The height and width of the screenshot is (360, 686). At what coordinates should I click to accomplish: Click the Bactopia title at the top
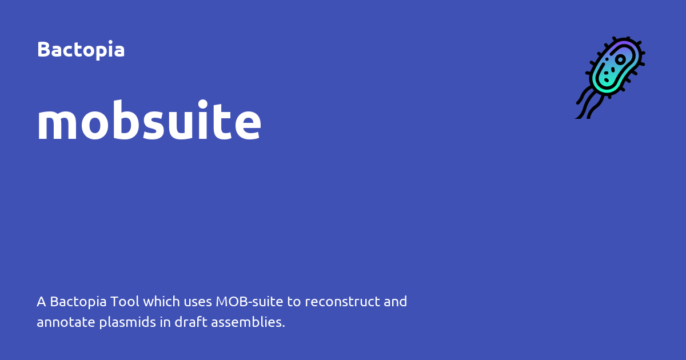81,50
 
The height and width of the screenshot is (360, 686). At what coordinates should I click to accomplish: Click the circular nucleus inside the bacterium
620,59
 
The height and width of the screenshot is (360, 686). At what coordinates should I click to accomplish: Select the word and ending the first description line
396,301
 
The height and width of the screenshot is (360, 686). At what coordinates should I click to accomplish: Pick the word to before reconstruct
294,301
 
